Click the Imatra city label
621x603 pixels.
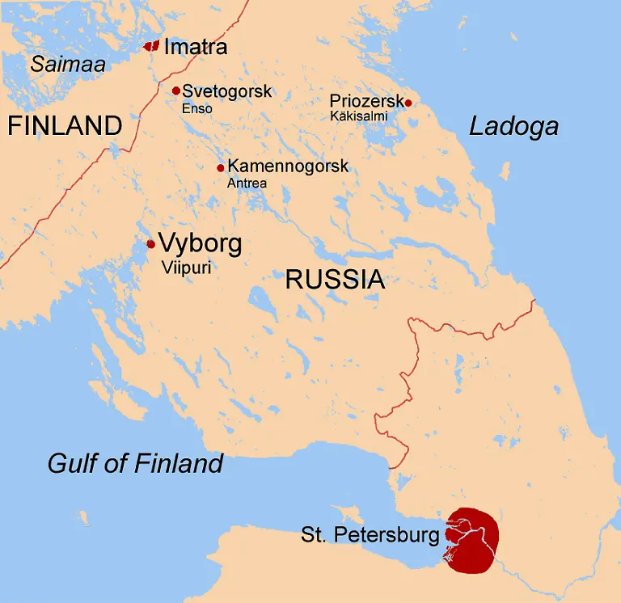(x=195, y=47)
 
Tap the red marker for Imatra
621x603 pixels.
(x=151, y=46)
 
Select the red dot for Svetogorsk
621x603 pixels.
(x=175, y=91)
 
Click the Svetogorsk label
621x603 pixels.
(x=226, y=91)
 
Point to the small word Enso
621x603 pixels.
(x=197, y=108)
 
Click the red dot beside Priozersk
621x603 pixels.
(x=408, y=103)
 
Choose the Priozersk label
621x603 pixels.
(x=366, y=101)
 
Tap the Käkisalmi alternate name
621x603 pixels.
(x=359, y=116)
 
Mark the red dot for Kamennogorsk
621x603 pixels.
(x=220, y=168)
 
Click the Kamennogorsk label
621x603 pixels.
(x=288, y=167)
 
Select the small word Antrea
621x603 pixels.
(x=247, y=183)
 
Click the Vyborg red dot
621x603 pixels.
(x=150, y=244)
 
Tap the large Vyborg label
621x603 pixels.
(x=200, y=243)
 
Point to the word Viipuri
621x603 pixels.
(x=186, y=268)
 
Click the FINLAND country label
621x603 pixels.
(x=65, y=125)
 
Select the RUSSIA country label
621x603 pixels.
(x=335, y=280)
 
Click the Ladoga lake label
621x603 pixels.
(x=513, y=126)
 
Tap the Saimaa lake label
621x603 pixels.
(x=68, y=64)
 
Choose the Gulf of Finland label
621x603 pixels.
(x=135, y=463)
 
